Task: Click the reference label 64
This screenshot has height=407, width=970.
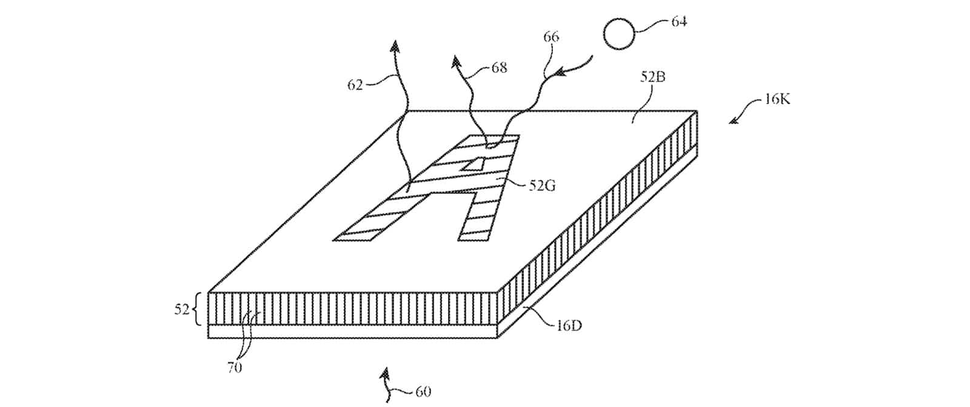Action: click(x=678, y=22)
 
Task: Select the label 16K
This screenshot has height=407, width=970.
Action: click(x=777, y=99)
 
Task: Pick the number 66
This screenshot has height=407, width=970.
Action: click(x=551, y=37)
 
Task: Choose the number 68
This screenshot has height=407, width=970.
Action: click(x=499, y=68)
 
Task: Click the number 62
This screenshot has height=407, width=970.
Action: click(x=355, y=85)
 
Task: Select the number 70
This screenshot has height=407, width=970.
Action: click(x=234, y=367)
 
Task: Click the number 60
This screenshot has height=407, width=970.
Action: click(x=423, y=391)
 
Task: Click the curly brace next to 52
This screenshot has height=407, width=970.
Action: click(x=198, y=310)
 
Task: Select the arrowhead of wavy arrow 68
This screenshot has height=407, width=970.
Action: click(x=457, y=61)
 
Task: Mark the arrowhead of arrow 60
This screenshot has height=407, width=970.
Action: click(x=383, y=371)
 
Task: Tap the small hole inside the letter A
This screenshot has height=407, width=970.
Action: click(x=474, y=164)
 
